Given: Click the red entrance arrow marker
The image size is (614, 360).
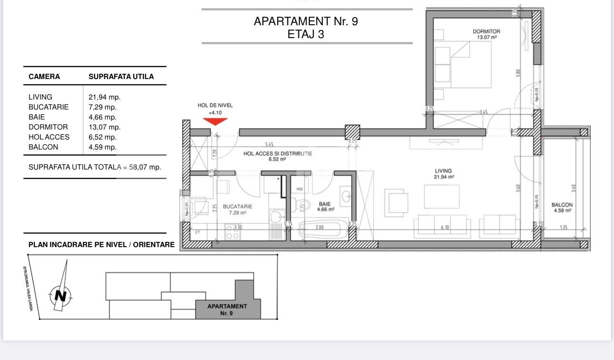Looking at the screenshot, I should point(215,121).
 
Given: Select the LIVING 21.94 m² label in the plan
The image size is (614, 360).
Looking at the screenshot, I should point(443,174).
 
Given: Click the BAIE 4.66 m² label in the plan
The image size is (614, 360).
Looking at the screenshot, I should point(326,206).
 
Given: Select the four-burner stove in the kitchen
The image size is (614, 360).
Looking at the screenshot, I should point(232,232).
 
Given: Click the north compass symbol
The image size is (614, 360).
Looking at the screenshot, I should point(60,295).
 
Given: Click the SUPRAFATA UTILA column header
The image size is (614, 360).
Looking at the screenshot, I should point(121,77).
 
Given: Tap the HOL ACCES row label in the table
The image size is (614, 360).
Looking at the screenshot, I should point(49,137).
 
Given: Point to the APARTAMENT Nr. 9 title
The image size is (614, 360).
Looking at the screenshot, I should point(306,21).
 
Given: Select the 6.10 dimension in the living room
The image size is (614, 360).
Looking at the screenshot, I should point(445,228).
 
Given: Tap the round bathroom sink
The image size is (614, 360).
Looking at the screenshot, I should point(346,196).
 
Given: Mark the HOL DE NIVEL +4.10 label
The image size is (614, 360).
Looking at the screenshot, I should point(215,109).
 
